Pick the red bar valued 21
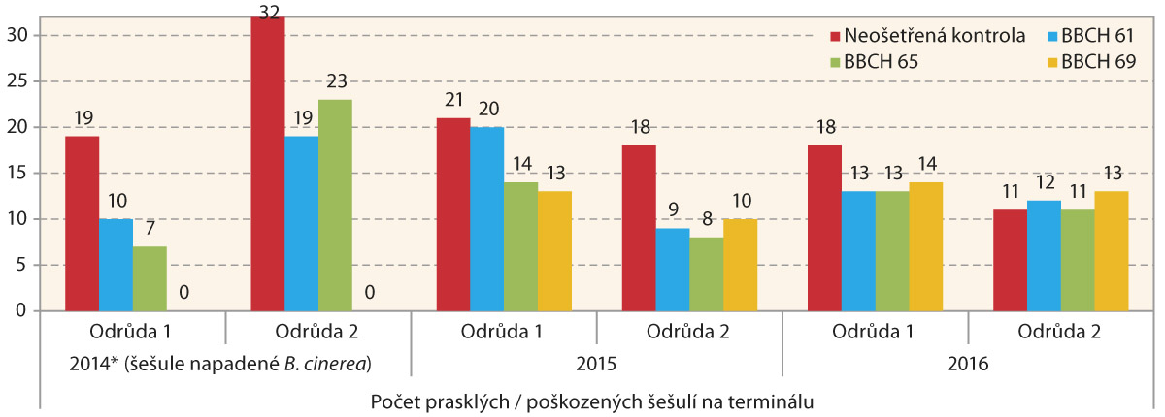point(452,214)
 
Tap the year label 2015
point(597,366)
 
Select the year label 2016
point(968,366)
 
